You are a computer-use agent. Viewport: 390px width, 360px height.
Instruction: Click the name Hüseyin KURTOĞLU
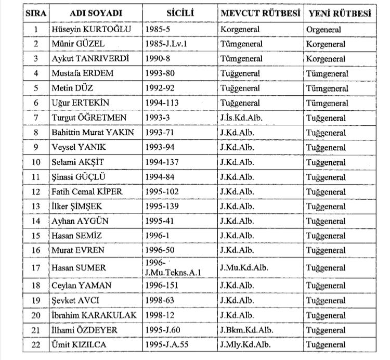coord(87,30)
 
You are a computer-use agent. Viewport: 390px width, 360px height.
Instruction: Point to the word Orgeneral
coord(323,30)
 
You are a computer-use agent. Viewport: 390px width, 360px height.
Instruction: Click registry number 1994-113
coord(164,104)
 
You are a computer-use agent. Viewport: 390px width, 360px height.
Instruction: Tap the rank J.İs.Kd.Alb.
coord(241,118)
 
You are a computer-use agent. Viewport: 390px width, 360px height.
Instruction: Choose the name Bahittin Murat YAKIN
coord(93,133)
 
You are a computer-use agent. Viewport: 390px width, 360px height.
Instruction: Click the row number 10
coord(36,162)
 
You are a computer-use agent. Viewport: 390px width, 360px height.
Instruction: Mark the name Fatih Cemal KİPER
coord(87,191)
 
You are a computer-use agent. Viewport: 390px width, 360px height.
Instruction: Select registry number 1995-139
coord(164,207)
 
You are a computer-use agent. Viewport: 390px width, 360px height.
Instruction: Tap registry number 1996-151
coord(164,286)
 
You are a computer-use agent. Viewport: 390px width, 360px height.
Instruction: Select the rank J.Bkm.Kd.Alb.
coord(246,330)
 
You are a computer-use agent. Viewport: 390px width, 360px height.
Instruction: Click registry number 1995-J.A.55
coord(169,344)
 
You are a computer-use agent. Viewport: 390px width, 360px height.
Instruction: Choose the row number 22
coord(36,344)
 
